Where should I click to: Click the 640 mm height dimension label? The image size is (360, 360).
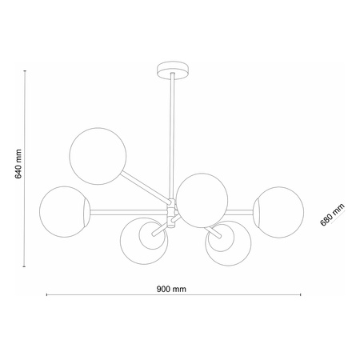(18, 164)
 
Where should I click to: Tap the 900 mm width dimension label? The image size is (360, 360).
(171, 289)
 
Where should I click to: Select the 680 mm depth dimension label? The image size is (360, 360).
(332, 214)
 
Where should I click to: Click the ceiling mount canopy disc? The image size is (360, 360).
(173, 70)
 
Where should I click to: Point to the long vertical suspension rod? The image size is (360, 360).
(172, 136)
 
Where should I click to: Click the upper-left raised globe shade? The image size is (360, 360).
(98, 156)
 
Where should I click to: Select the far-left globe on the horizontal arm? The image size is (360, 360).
(65, 212)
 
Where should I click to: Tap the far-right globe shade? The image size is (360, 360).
(278, 212)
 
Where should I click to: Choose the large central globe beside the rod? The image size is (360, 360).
(202, 200)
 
